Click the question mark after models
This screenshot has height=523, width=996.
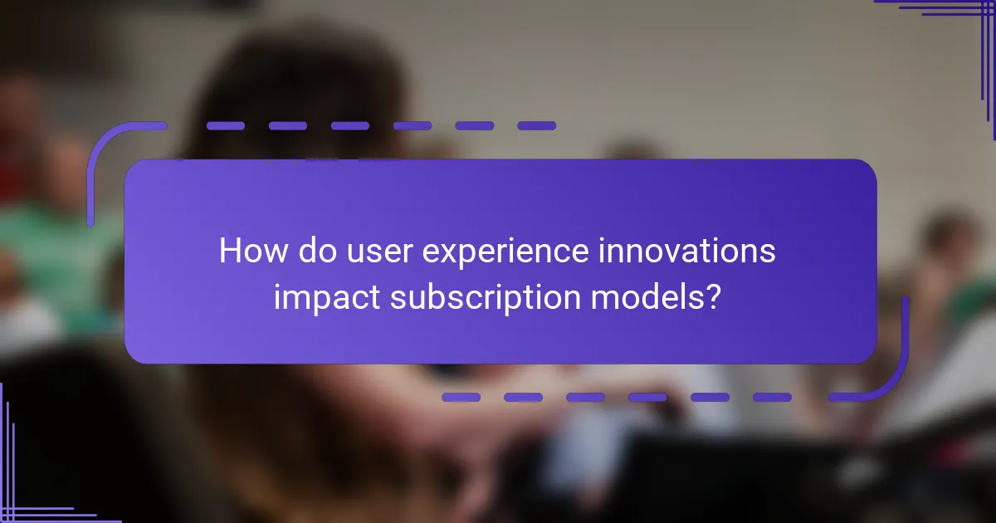[712, 296]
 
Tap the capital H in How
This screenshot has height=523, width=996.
[229, 252]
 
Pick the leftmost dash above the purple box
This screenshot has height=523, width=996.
[225, 126]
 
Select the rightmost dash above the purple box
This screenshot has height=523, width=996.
[536, 126]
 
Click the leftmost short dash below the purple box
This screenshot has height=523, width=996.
[461, 398]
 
